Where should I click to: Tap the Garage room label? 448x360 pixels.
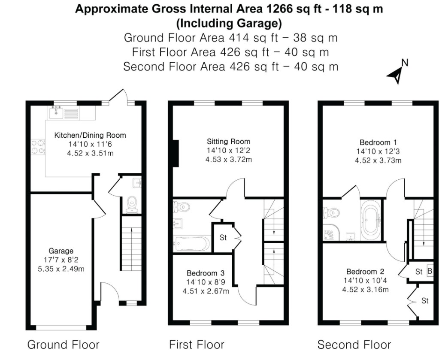coord(61,251)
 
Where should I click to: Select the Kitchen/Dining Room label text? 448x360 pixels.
coord(90,135)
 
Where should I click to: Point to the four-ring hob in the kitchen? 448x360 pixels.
coord(38,147)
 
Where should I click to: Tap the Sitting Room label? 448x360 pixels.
coord(229,142)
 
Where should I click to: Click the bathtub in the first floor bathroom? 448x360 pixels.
coord(192,243)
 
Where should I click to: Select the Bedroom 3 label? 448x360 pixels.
coord(206,273)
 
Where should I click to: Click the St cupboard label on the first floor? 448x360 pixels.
coord(223,237)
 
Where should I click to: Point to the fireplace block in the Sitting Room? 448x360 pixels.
coord(176,154)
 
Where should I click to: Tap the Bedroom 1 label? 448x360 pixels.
coord(378,142)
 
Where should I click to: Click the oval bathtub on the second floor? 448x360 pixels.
coord(371,220)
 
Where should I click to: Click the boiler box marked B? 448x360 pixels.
coord(430,271)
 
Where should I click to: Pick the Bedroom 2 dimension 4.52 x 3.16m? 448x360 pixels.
coord(366,290)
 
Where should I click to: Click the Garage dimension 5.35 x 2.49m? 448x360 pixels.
coord(61,269)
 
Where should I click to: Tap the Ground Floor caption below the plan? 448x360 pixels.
coord(64,345)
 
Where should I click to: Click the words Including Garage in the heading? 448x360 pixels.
coord(229,23)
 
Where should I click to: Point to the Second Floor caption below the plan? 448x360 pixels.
coord(354,345)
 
